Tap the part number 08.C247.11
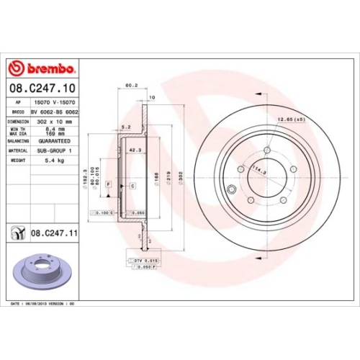(x=54, y=234)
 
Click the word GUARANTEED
(x=56, y=141)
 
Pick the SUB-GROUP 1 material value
(x=56, y=151)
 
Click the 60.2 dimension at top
(x=131, y=85)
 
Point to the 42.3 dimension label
(x=133, y=150)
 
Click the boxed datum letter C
(x=133, y=185)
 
